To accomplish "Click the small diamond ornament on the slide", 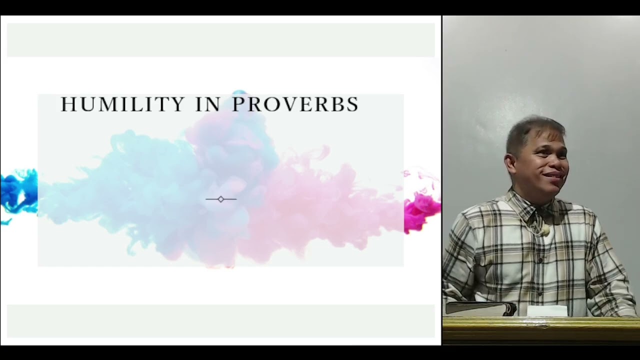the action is (221, 199).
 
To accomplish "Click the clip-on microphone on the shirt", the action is (545, 230).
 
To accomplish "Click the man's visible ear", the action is (511, 165).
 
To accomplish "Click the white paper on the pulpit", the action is (547, 311).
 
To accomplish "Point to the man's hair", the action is (531, 131).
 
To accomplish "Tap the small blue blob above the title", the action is (239, 92).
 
